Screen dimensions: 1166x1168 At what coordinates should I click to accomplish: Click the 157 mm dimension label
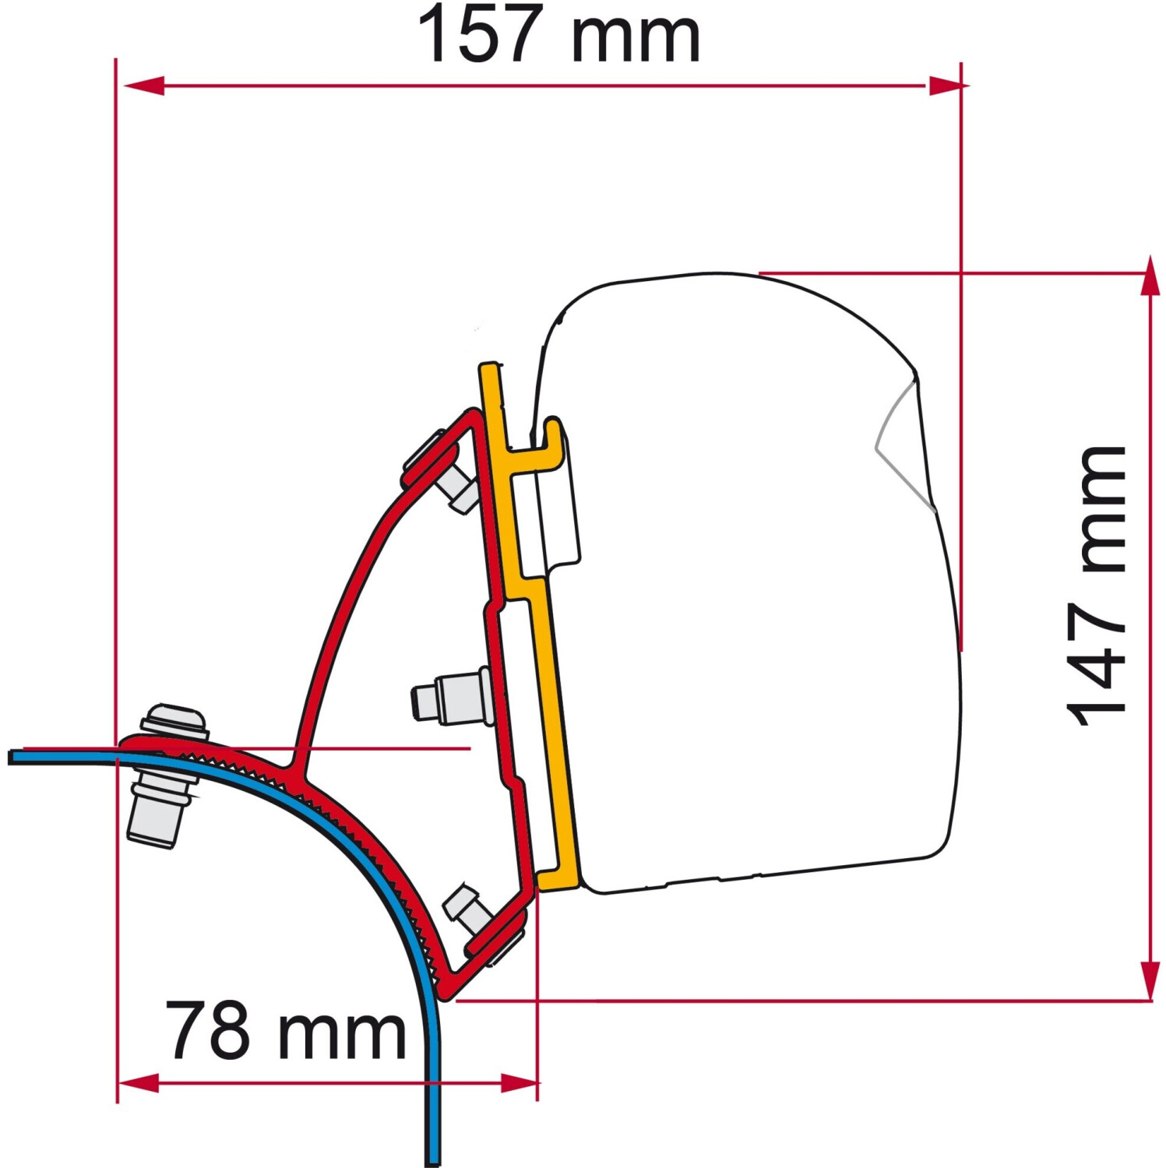tap(558, 35)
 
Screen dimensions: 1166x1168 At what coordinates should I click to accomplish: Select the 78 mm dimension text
tap(286, 1031)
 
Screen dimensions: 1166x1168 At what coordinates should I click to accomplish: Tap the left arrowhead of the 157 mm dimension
tap(143, 86)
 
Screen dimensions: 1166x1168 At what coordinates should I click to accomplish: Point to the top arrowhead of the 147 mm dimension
tap(1150, 276)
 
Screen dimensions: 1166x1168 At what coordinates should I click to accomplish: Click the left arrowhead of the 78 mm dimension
tap(139, 1082)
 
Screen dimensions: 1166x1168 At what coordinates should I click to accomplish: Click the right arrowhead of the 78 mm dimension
tap(517, 1082)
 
